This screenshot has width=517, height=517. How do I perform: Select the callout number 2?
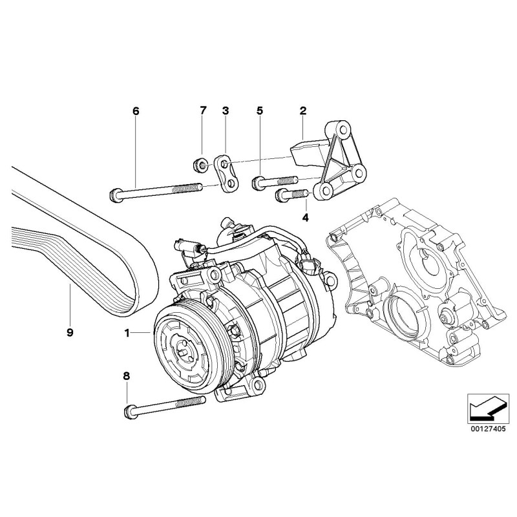point(302,111)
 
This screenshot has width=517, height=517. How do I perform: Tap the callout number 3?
point(226,111)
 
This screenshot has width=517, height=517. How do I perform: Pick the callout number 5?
point(260,111)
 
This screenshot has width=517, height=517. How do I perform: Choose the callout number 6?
point(136,111)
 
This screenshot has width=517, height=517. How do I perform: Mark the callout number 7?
point(202,111)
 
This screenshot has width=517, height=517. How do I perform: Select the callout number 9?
point(70,333)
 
